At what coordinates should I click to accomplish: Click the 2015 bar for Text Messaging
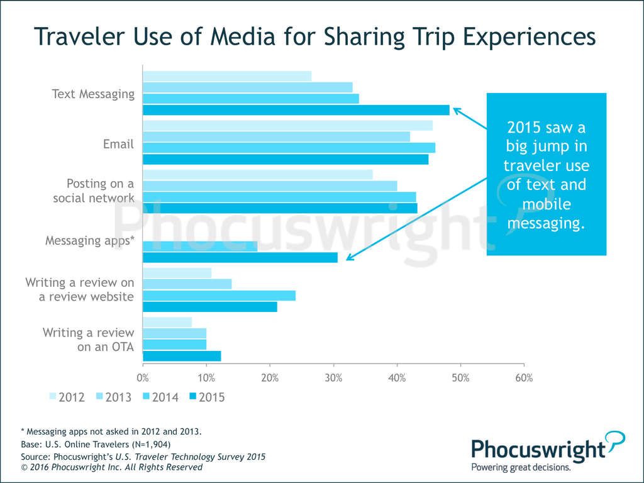click(x=296, y=110)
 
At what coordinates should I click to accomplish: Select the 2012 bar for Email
click(x=287, y=125)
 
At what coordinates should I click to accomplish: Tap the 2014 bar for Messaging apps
click(x=200, y=246)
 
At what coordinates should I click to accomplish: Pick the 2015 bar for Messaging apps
click(x=240, y=257)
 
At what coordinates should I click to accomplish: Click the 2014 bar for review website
click(x=219, y=296)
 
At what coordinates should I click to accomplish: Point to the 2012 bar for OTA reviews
click(x=167, y=322)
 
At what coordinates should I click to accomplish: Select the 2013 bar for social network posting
click(x=270, y=186)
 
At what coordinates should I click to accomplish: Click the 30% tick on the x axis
click(x=333, y=378)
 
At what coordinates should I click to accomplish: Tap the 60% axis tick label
click(x=524, y=378)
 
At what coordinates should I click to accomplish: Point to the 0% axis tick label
click(x=143, y=378)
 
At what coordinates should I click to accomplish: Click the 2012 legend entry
click(x=67, y=397)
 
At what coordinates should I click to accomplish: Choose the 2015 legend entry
click(x=207, y=397)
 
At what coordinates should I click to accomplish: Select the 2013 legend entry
click(x=113, y=397)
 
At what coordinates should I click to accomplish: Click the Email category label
click(x=119, y=144)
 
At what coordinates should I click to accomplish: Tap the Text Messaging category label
click(x=93, y=94)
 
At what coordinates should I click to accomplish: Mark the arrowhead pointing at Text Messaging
click(x=457, y=110)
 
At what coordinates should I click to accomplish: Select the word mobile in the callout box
click(x=546, y=204)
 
